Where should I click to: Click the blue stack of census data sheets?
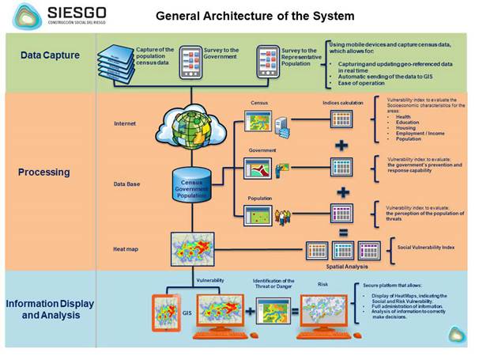tap(116, 61)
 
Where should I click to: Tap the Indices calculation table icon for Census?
tap(341, 119)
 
